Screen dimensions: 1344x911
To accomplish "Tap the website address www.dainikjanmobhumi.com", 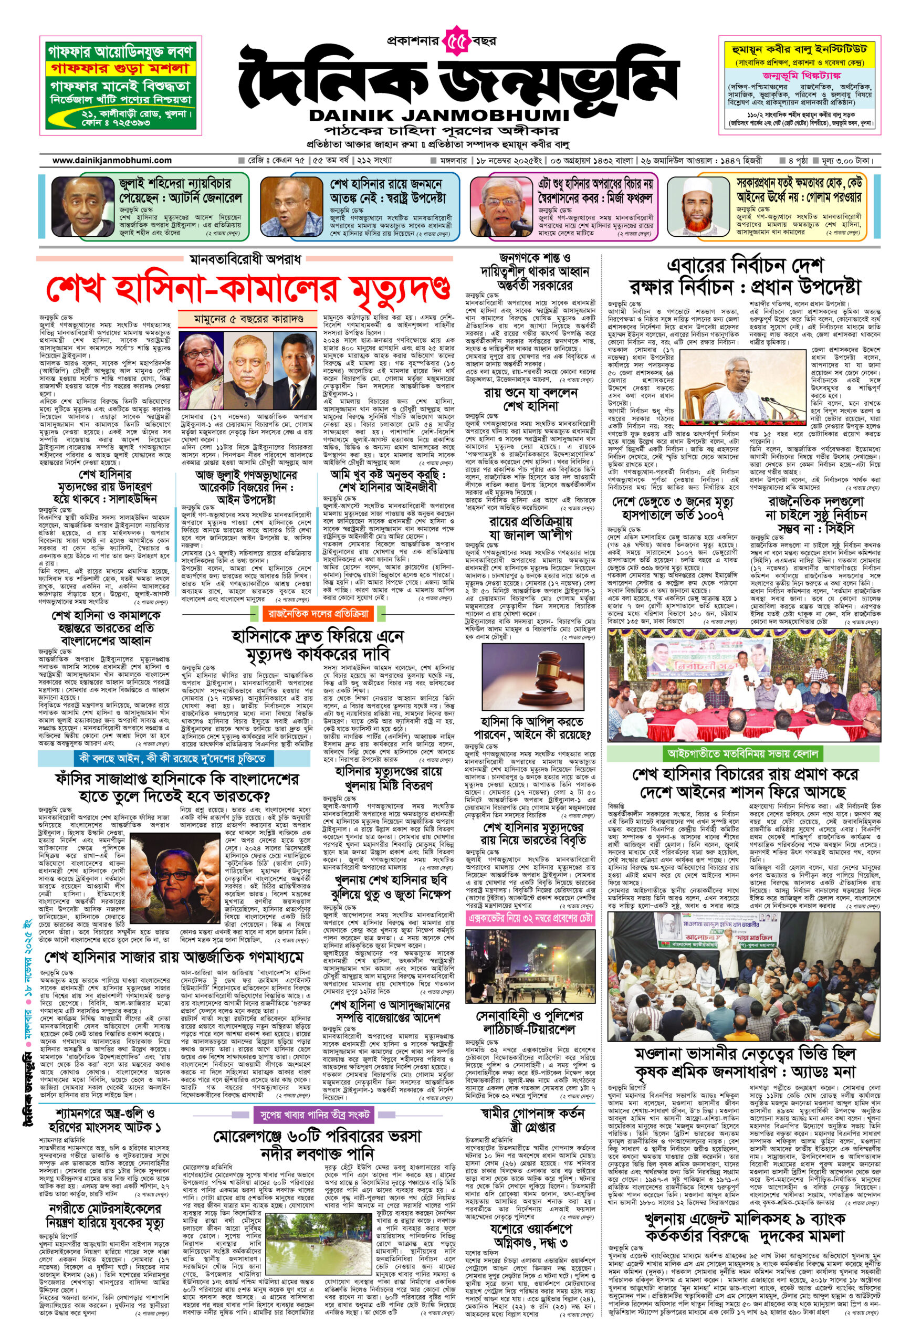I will click(x=112, y=160).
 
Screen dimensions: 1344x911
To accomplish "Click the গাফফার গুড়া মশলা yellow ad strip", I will click(x=120, y=68).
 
